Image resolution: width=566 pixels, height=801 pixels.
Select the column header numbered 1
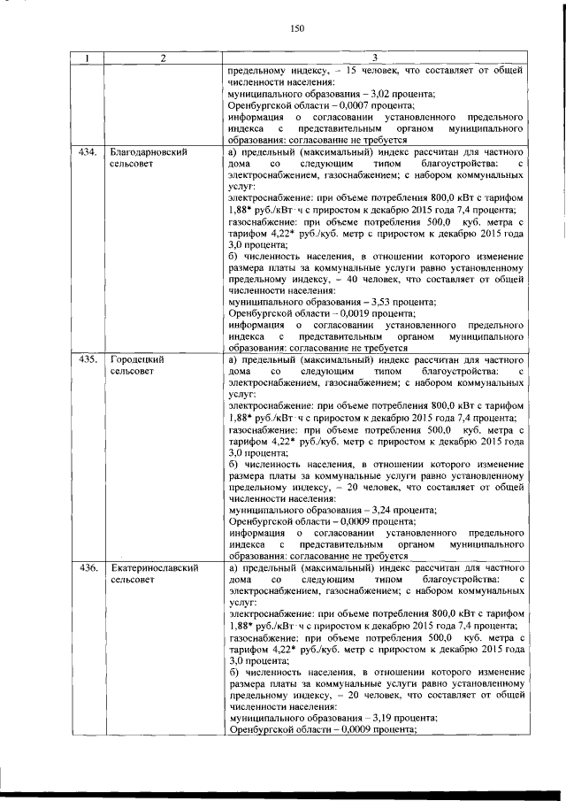point(87,58)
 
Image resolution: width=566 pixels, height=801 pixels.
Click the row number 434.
point(87,152)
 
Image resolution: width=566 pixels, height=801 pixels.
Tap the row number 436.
point(87,567)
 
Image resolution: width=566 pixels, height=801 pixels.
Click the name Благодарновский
point(149,152)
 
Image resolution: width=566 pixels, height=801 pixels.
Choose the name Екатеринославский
point(154,567)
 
